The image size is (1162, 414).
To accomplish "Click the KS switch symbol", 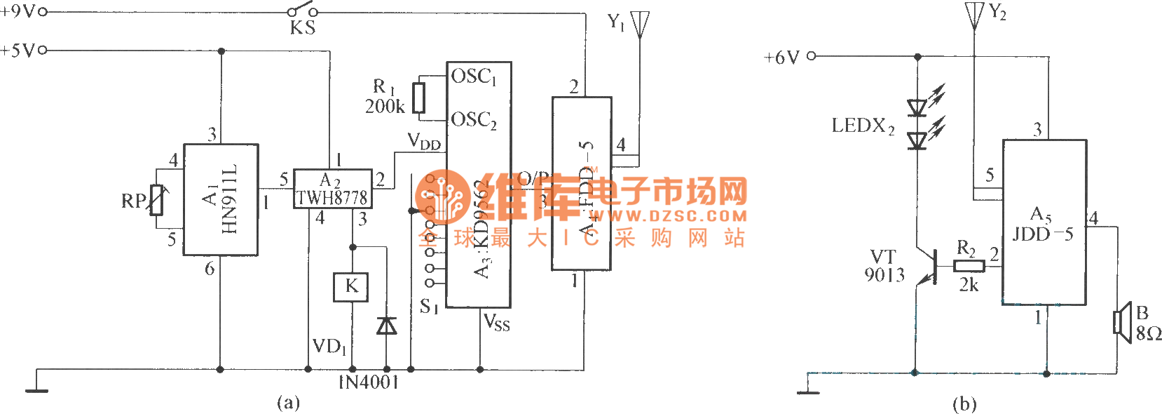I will pyautogui.click(x=302, y=12).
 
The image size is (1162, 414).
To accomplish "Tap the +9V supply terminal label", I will pyautogui.click(x=18, y=11).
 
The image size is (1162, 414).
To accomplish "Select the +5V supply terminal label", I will pyautogui.click(x=18, y=51).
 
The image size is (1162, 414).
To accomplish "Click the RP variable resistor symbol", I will pyautogui.click(x=156, y=200).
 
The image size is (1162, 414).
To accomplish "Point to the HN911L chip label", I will pyautogui.click(x=229, y=199).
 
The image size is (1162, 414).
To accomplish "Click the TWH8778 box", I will pyautogui.click(x=332, y=189).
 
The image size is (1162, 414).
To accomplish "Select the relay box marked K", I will pyautogui.click(x=351, y=286).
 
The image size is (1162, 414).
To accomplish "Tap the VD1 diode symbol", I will pyautogui.click(x=386, y=326).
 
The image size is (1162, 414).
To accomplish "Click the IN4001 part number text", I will pyautogui.click(x=369, y=382).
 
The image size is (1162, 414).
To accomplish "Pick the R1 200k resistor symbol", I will pyautogui.click(x=418, y=98).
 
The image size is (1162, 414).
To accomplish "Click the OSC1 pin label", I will pyautogui.click(x=474, y=76).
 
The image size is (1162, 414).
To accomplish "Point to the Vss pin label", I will pyautogui.click(x=497, y=323).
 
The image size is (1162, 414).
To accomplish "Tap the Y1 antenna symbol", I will pyautogui.click(x=639, y=25).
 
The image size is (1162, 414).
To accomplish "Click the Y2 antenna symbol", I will pyautogui.click(x=974, y=15).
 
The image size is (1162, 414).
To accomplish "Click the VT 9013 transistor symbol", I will pyautogui.click(x=930, y=267).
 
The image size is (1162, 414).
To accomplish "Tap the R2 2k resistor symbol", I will pyautogui.click(x=969, y=265).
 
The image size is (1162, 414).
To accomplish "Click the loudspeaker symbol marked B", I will pyautogui.click(x=1123, y=322).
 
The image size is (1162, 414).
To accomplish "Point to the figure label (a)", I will pyautogui.click(x=288, y=403).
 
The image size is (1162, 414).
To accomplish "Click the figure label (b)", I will pyautogui.click(x=964, y=403).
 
